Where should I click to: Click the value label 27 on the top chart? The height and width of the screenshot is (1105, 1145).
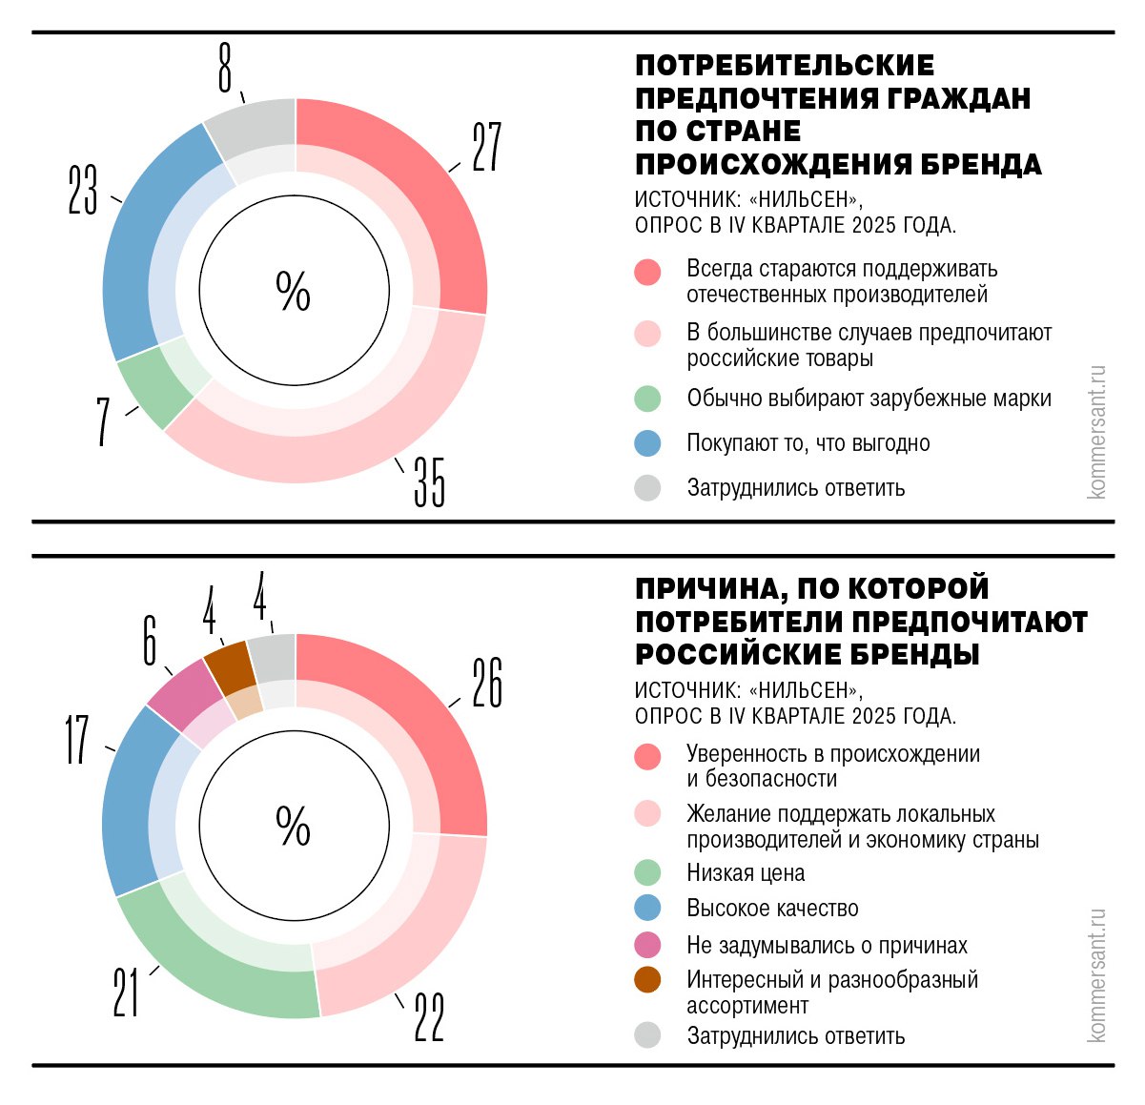[486, 147]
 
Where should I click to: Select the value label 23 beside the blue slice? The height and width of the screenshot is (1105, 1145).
[83, 190]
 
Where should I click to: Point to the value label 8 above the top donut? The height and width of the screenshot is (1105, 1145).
[225, 69]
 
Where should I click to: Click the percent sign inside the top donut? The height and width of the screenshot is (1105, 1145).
[293, 292]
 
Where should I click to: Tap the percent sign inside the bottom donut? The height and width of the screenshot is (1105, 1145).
[293, 827]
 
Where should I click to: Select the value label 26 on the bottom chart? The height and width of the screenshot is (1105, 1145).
[486, 683]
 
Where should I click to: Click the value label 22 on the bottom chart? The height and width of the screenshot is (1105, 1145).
[429, 1017]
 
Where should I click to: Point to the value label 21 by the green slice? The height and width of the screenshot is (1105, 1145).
[126, 992]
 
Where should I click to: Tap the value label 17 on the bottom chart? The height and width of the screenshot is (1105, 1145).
[77, 740]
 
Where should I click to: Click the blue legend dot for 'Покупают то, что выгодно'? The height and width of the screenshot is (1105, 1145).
[647, 443]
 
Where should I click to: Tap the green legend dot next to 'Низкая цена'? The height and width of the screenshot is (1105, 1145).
[647, 872]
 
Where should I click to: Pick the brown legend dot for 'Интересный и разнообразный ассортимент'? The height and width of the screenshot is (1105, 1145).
[647, 979]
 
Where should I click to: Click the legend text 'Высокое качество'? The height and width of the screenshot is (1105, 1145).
[772, 909]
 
